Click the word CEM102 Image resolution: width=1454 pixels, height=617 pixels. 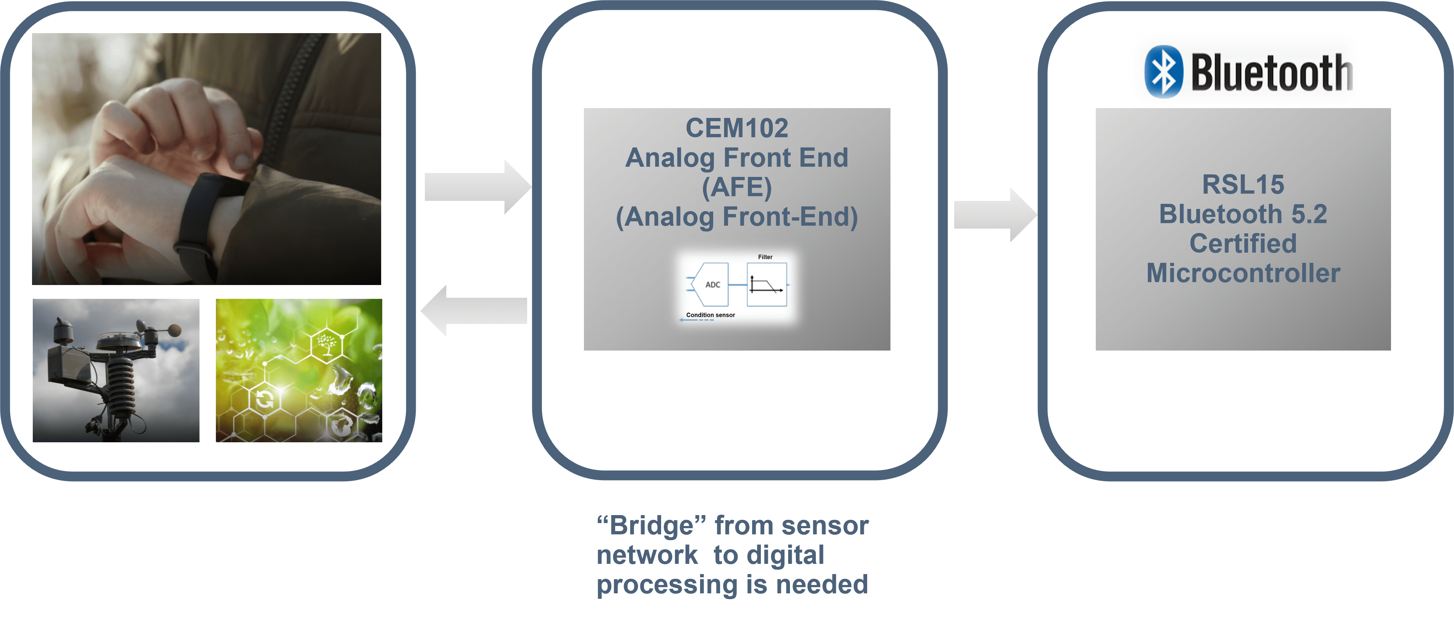736,128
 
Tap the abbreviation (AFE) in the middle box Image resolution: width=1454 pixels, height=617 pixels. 736,187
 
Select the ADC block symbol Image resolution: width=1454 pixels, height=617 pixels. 711,285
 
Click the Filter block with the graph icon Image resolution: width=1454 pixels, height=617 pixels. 767,285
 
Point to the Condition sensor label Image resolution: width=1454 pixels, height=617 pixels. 710,315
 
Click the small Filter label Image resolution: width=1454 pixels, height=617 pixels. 765,257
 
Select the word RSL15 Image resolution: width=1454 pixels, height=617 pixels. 1243,185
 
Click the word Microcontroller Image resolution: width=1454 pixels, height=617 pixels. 1243,273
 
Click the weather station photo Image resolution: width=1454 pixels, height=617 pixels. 116,370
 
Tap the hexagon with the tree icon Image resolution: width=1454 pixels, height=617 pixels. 326,342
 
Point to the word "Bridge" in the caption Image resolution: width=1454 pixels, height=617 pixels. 652,526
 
